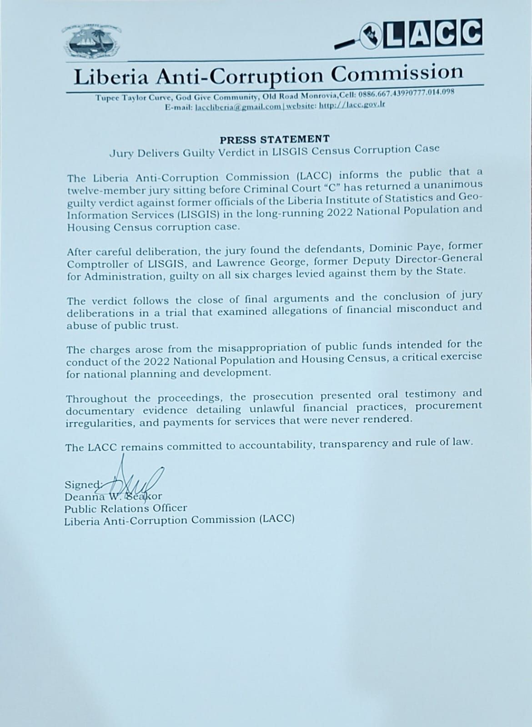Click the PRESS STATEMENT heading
(x=275, y=139)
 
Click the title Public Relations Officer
(x=125, y=508)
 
